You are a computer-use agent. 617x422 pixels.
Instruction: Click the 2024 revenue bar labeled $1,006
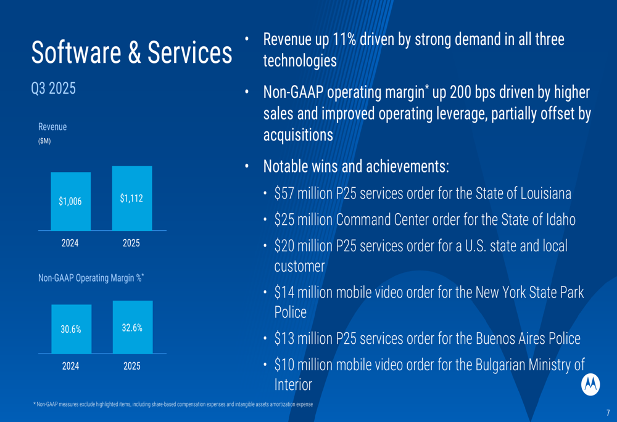(70, 201)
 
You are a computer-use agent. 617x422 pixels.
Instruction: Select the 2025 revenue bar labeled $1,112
(131, 198)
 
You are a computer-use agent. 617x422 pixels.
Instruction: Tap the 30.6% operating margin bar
(71, 329)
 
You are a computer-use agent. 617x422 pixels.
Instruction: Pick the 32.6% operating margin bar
(132, 327)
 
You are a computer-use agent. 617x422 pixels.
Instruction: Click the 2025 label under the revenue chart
(131, 243)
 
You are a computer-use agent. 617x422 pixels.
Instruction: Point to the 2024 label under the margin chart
(70, 366)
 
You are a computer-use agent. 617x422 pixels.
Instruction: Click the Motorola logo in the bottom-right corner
(590, 384)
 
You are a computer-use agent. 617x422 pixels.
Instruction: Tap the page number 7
(608, 413)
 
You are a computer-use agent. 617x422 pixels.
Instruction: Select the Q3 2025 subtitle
(54, 89)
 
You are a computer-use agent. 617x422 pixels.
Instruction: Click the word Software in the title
(75, 54)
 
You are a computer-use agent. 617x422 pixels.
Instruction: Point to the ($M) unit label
(44, 141)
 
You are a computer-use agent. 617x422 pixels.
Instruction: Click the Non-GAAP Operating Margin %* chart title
(91, 278)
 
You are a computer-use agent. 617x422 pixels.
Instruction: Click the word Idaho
(559, 219)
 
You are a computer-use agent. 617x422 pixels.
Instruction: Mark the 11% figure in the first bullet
(343, 40)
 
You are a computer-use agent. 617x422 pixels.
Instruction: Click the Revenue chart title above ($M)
(52, 127)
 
